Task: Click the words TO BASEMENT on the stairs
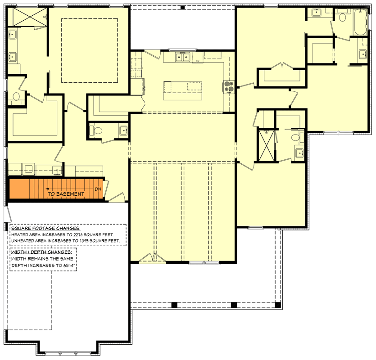coord(66,194)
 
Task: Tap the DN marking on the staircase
coord(98,189)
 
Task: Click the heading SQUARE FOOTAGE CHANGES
coord(45,228)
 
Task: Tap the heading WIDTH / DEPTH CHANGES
coord(41,252)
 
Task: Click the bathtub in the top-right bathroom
coord(360,22)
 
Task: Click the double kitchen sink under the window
coord(182,57)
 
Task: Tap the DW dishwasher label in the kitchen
coord(198,61)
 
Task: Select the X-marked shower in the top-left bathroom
coord(28,17)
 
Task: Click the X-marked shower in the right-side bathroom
coord(265,144)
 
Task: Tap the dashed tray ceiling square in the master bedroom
coord(89,50)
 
